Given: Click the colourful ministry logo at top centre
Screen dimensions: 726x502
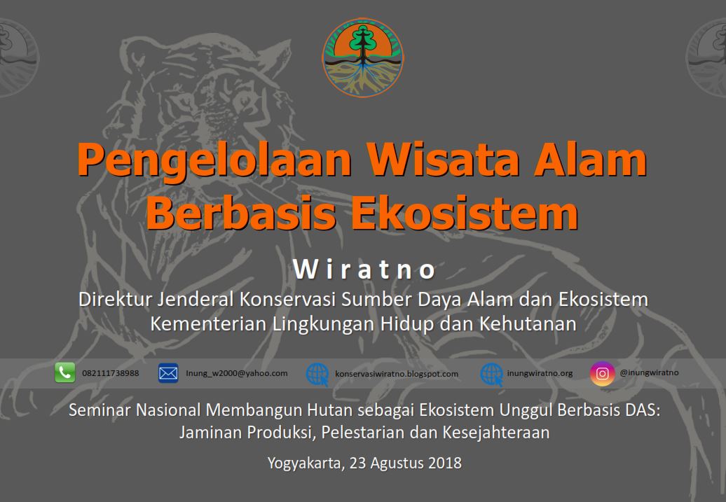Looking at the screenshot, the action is [x=363, y=57].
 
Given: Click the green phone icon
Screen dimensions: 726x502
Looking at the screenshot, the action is [x=64, y=372].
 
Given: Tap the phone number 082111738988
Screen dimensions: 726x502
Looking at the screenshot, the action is [x=110, y=373].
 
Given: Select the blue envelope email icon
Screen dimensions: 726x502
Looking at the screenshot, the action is [x=168, y=373].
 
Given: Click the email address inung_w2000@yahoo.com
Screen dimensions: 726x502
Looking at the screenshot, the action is [x=237, y=373].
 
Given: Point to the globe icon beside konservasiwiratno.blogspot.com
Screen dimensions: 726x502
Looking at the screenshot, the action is [x=317, y=374].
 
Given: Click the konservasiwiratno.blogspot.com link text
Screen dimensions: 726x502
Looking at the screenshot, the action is [x=397, y=374].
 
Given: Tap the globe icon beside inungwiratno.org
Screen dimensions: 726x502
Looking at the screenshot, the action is [x=492, y=374].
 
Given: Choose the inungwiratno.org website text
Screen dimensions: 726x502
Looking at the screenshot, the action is [x=540, y=373].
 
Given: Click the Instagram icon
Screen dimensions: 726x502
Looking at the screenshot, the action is [x=603, y=373].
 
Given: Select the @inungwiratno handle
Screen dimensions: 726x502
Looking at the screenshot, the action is [x=649, y=372].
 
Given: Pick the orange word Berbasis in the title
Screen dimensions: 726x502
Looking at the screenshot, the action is [x=241, y=213].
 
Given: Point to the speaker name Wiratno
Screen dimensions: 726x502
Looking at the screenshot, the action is [x=364, y=270].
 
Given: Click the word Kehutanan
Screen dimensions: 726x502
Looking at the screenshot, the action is [x=528, y=323].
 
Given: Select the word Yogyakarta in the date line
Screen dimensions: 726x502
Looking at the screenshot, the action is [x=306, y=463].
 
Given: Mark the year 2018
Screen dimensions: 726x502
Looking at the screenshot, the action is [x=445, y=463].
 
